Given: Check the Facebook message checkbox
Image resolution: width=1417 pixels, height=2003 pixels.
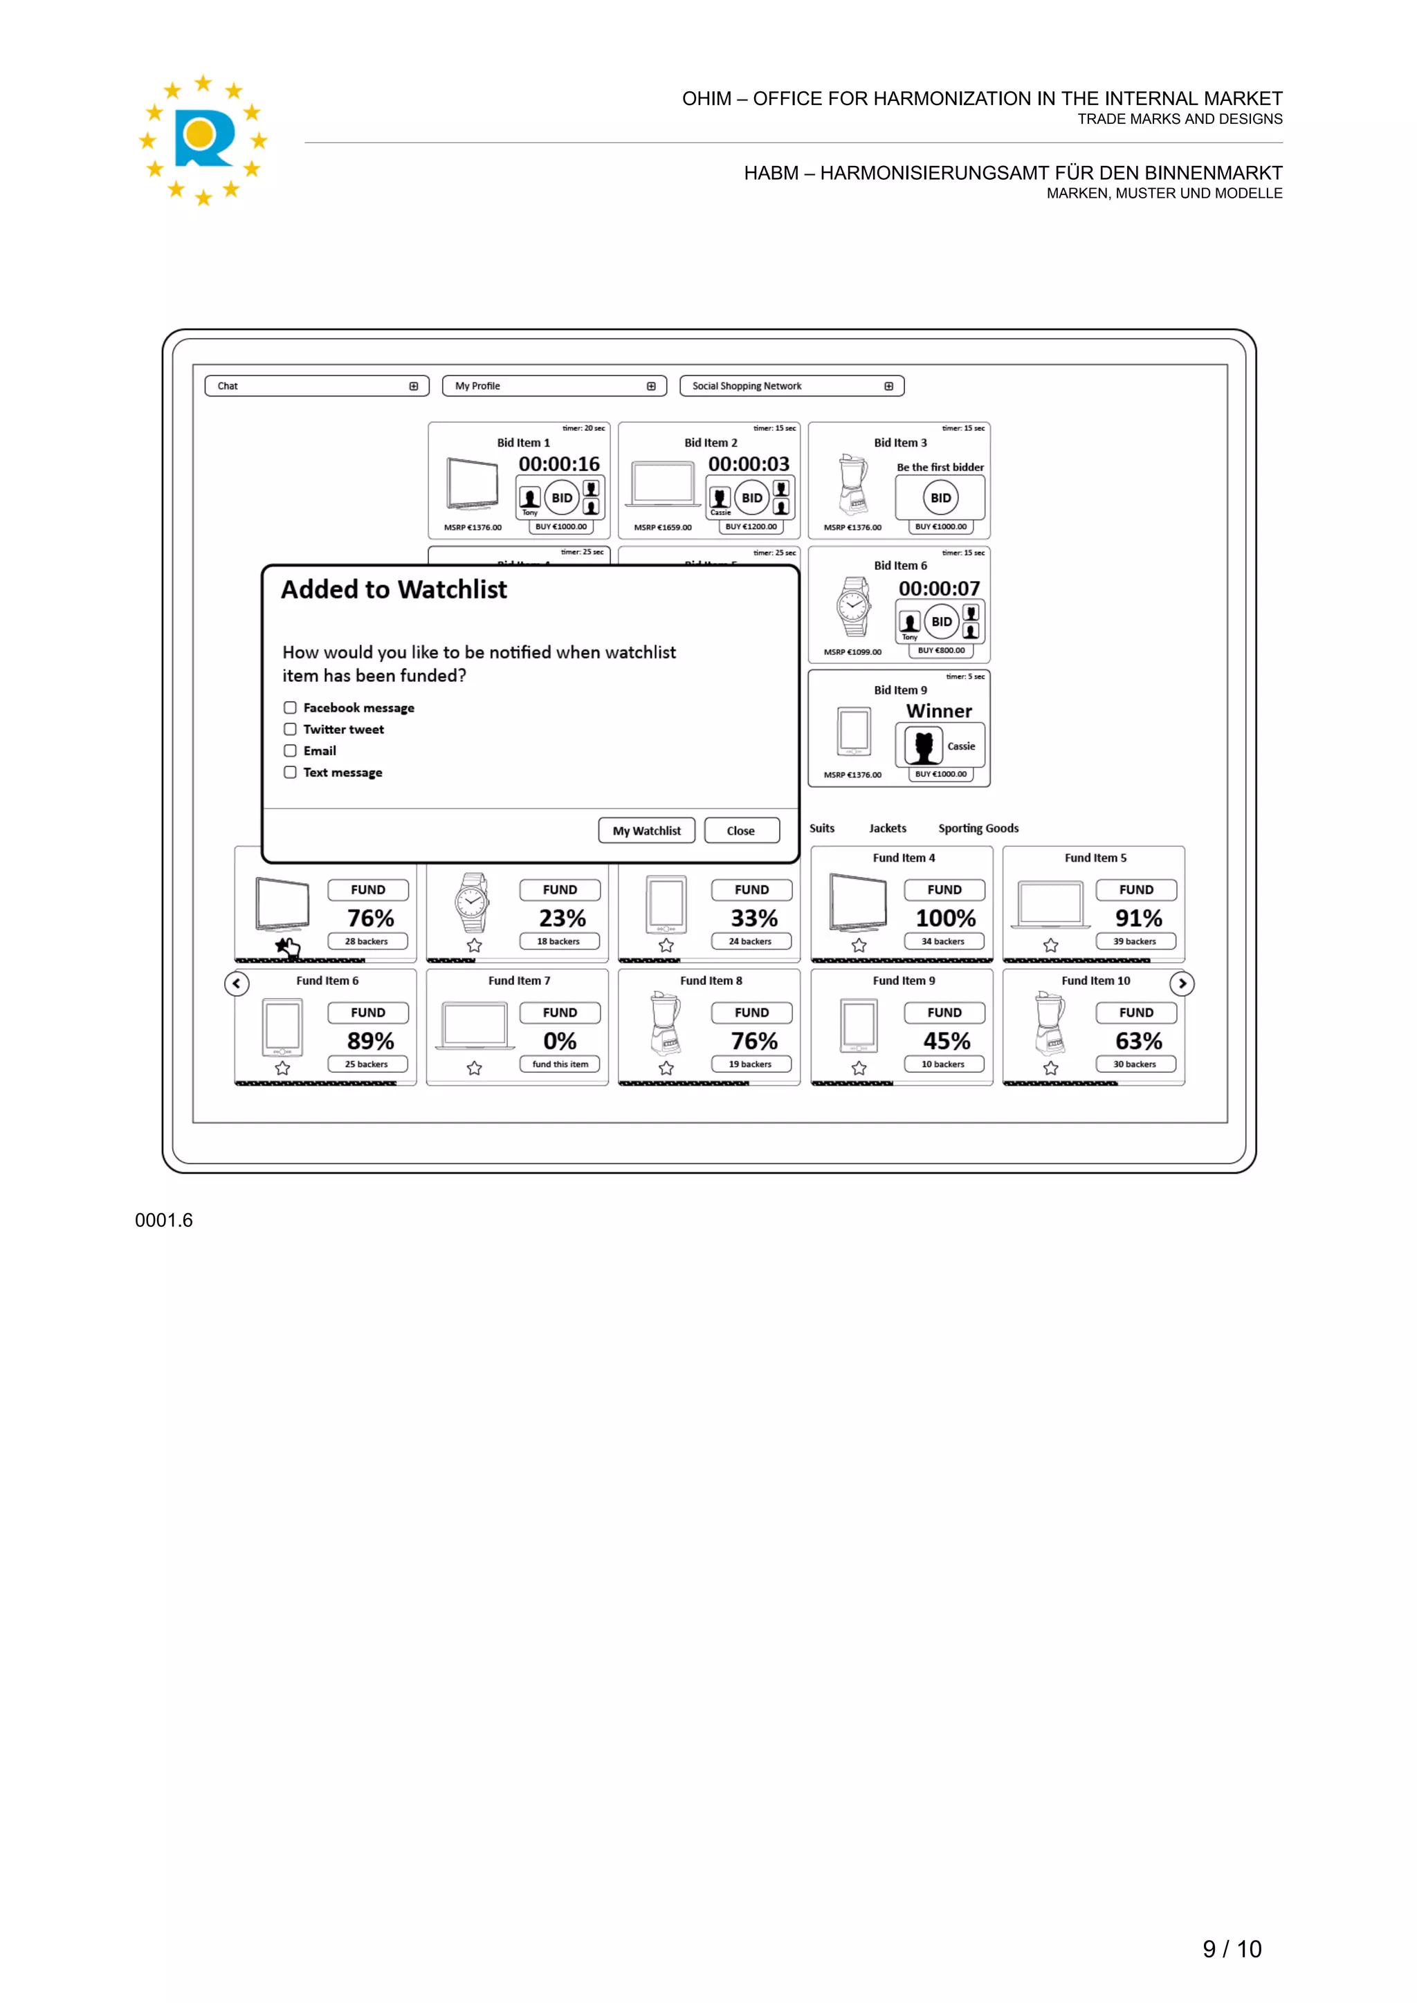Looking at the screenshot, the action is coord(290,708).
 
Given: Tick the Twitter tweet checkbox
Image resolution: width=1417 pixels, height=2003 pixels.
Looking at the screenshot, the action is coord(290,729).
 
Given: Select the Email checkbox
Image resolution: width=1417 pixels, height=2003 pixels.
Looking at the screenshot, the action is coord(290,750).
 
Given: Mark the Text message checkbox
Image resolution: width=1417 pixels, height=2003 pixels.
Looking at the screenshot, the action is coord(290,772).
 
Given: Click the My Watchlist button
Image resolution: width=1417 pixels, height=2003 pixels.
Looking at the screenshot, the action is coord(646,831).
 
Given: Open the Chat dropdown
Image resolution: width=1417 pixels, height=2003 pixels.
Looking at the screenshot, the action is coord(317,386).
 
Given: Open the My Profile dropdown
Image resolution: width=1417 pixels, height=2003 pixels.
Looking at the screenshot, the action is coord(554,386).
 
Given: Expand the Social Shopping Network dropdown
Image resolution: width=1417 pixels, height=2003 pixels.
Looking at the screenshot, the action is coord(792,386).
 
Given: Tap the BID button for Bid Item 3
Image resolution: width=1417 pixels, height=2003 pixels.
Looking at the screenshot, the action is coord(940,498).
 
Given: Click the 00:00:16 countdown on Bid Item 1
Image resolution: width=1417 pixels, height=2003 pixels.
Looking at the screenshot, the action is coord(559,464).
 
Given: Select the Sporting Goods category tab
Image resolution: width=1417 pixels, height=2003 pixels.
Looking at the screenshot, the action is coord(978,828).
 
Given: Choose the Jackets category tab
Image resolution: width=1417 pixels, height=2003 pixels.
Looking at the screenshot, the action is coord(888,828).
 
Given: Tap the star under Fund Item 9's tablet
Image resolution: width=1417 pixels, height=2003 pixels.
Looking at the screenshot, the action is coord(859,1068).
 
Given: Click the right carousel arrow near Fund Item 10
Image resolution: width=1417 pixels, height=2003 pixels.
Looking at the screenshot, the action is coord(1182,984).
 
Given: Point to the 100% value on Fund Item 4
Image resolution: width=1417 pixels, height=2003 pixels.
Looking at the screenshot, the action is coord(945,918).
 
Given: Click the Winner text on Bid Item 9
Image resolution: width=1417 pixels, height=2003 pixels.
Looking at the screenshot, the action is coord(939,711).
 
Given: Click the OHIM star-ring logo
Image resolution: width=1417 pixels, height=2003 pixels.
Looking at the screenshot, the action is coord(203,140).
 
